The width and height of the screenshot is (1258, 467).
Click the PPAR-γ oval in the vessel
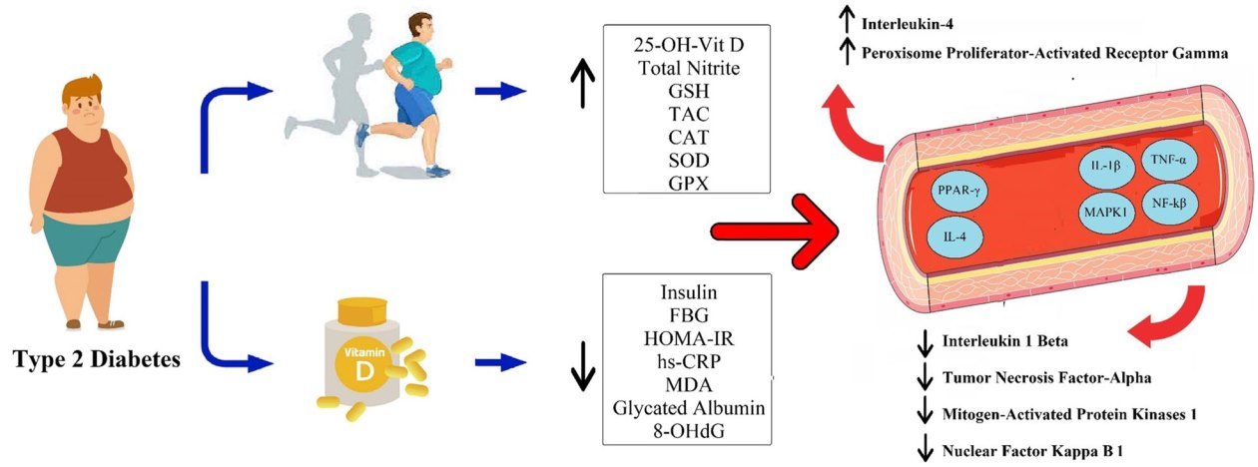[956, 189]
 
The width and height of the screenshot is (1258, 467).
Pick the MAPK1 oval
[1103, 212]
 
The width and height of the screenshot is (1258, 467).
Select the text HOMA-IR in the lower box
[688, 336]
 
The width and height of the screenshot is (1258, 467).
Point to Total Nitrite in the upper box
[688, 69]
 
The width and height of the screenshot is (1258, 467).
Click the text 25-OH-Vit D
[688, 46]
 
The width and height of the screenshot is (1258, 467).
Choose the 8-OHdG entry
[688, 430]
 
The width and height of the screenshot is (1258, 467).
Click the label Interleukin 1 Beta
[1005, 341]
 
